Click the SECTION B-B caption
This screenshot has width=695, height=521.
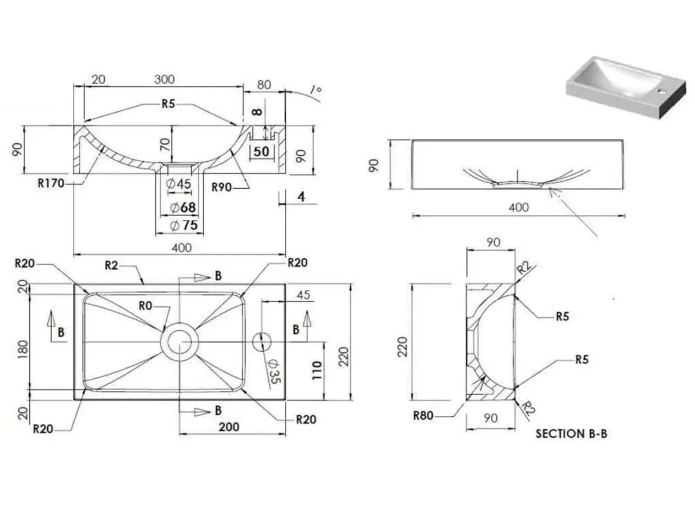point(571,434)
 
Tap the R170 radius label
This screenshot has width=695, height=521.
point(51,183)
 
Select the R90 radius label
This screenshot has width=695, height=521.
point(222,187)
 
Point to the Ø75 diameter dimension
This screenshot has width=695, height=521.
point(184,225)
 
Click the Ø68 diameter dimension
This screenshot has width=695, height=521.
point(182,207)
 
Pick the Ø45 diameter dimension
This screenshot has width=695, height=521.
point(179,184)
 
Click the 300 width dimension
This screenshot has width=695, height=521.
point(164,79)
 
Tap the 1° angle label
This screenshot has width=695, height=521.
point(314,90)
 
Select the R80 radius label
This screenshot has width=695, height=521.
point(424,416)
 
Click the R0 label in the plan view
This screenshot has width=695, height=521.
point(145,306)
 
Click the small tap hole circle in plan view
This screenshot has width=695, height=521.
point(262,342)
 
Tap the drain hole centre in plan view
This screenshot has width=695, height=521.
point(179,342)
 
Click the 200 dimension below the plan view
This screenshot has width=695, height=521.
point(229,427)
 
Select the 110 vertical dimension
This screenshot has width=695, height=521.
point(317,370)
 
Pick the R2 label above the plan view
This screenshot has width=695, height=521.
point(111,265)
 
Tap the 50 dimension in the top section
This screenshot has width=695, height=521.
point(261,151)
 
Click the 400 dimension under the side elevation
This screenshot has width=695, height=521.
point(519,207)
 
